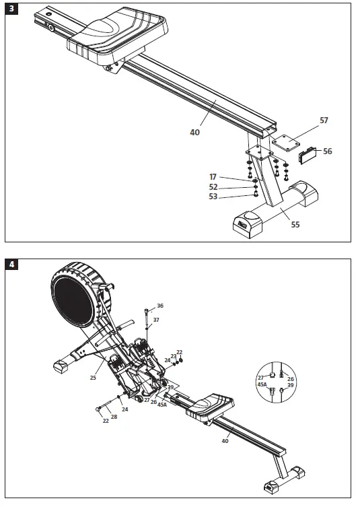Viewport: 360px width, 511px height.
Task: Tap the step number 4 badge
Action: click(11, 265)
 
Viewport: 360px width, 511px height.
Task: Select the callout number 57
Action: click(324, 121)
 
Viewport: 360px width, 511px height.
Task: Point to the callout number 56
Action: click(327, 151)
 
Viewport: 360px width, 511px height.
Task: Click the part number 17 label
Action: click(213, 177)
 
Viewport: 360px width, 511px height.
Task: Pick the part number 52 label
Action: click(213, 187)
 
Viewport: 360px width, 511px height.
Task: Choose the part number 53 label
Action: click(213, 197)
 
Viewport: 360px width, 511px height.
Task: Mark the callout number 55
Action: click(295, 225)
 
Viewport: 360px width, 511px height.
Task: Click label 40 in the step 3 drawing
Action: click(194, 133)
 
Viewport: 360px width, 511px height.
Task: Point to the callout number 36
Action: click(159, 306)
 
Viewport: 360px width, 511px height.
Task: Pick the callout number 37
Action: click(156, 320)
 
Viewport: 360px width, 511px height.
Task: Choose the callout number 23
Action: click(173, 356)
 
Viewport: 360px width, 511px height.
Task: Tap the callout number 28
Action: click(114, 417)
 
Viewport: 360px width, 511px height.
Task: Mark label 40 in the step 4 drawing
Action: click(225, 440)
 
